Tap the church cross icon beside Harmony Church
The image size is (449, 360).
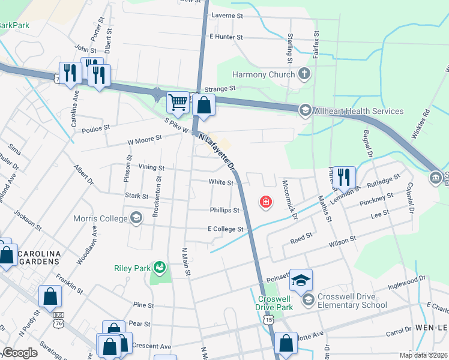point(305,74)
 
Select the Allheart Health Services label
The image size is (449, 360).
point(359,111)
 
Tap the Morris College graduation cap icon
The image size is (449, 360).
point(136,218)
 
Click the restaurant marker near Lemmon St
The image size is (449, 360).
point(343,176)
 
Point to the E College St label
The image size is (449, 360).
point(225,229)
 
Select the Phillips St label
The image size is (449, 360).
point(224,211)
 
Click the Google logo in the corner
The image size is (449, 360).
point(20,353)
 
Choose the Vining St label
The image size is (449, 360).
point(151,169)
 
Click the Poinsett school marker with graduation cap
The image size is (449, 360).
point(301,279)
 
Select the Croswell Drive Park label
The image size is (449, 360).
point(276,303)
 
